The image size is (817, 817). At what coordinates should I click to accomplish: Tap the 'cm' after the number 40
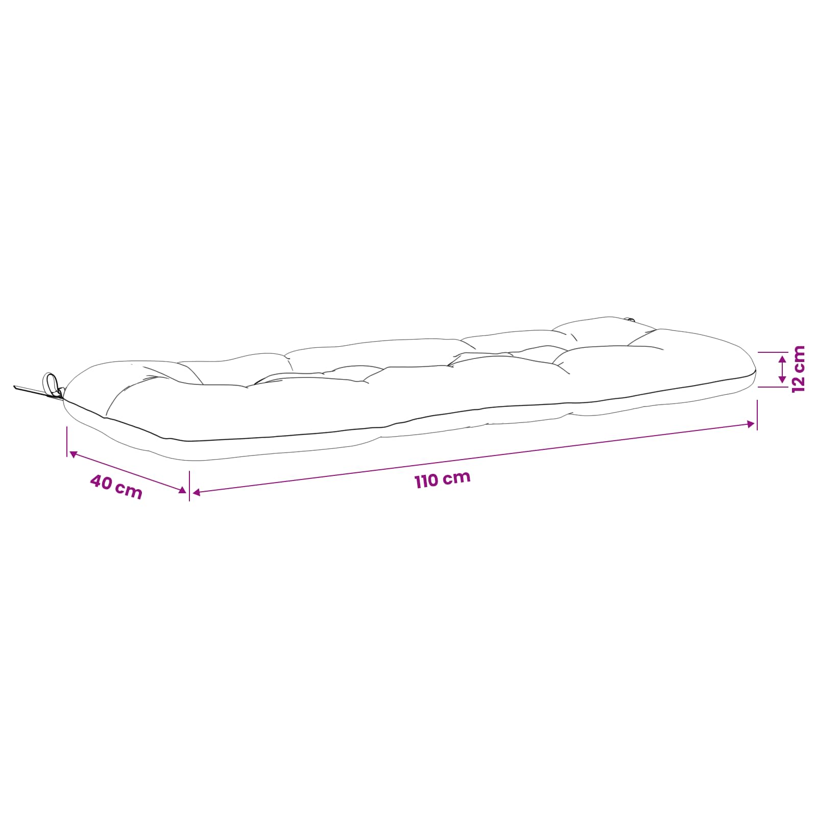[x=129, y=491]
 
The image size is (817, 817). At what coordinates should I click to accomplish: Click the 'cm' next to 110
[x=456, y=477]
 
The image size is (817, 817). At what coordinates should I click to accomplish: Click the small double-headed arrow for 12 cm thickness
[x=782, y=370]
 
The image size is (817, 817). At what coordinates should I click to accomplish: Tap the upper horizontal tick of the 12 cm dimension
[x=773, y=352]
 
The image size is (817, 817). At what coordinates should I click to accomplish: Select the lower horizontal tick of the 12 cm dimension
[x=773, y=387]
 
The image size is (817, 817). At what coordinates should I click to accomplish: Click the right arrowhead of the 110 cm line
[x=751, y=424]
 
